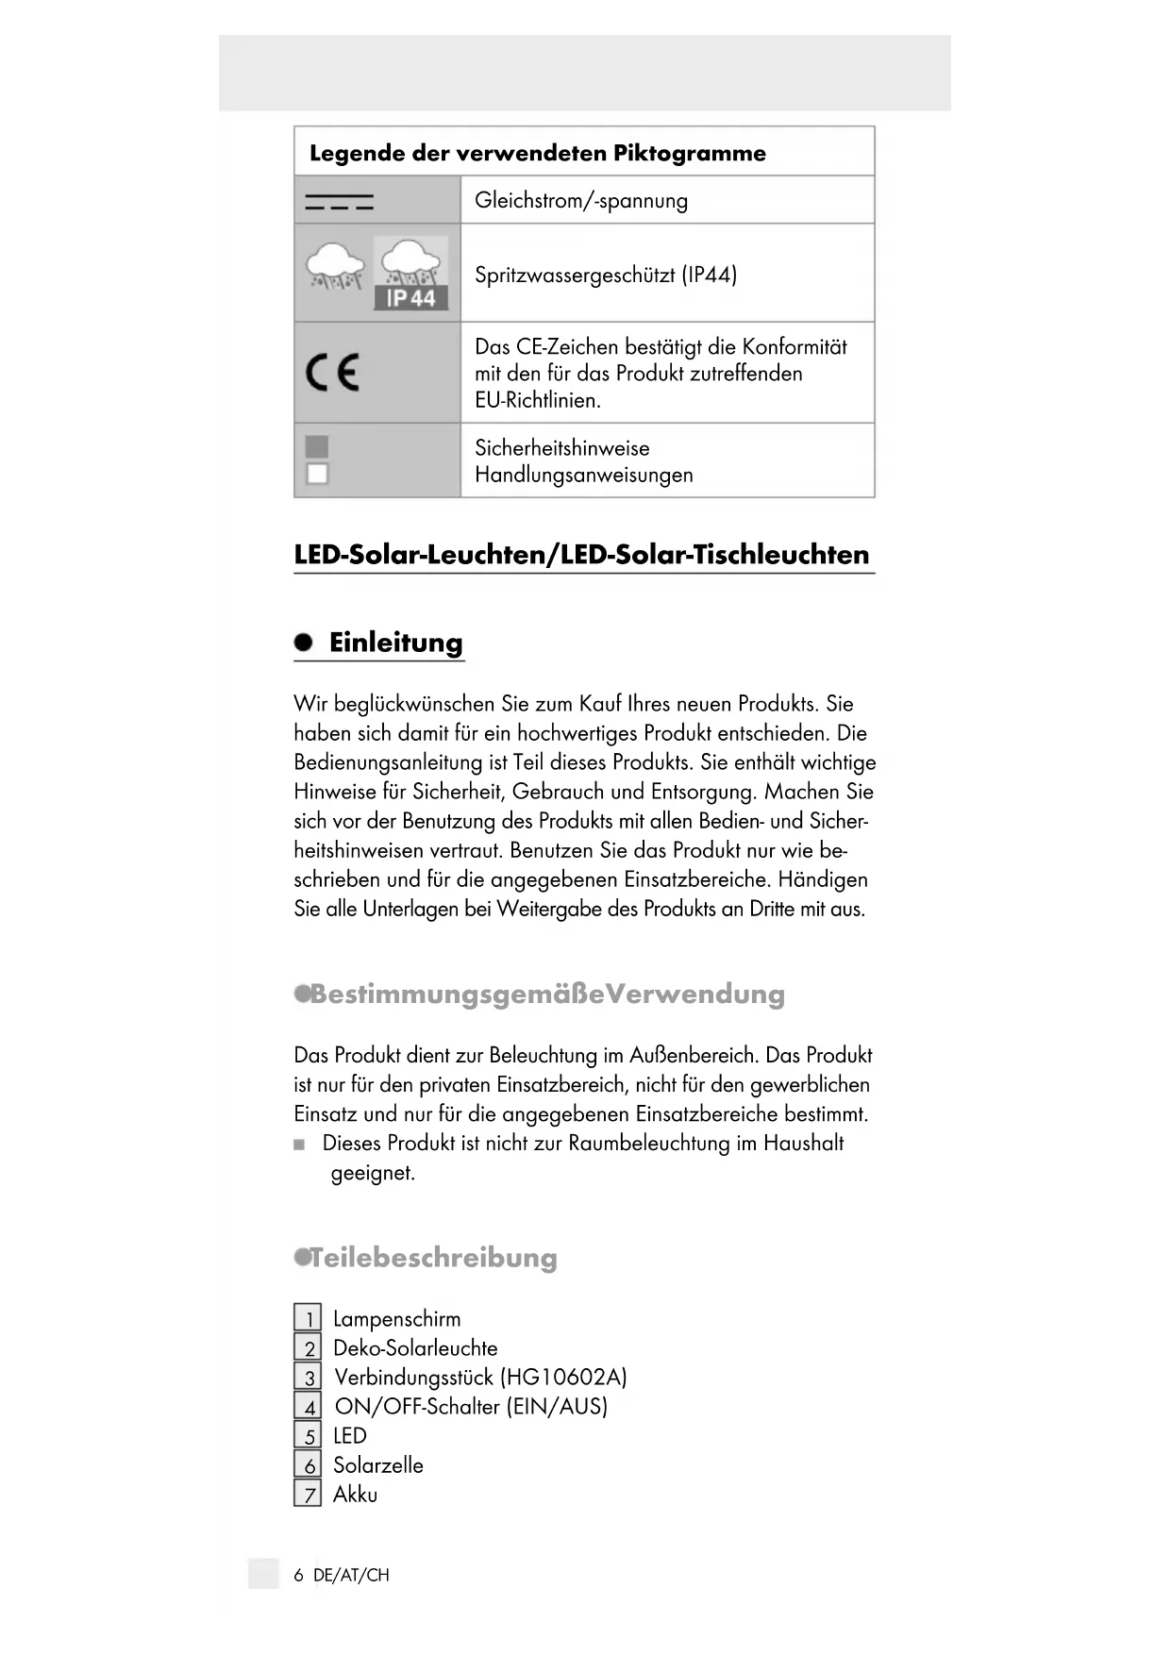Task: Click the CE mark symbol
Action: coord(332,373)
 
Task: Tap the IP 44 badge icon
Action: coord(410,298)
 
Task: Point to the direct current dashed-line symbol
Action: coord(339,201)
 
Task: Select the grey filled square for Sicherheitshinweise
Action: coord(317,446)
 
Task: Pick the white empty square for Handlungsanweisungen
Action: coord(317,474)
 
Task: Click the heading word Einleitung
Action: coord(395,643)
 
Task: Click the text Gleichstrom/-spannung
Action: coord(581,200)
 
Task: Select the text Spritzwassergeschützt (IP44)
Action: coord(606,275)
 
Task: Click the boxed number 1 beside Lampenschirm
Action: coord(308,1318)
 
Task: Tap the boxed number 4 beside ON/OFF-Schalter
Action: coord(308,1406)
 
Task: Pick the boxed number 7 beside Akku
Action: coord(308,1494)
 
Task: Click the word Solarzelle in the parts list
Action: coord(377,1464)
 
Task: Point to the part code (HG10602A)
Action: coord(563,1377)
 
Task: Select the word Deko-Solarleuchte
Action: coord(415,1347)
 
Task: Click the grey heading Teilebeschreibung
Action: coord(433,1258)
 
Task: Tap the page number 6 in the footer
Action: coord(299,1575)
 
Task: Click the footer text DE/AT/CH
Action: coord(351,1575)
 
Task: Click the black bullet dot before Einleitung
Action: coord(303,643)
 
